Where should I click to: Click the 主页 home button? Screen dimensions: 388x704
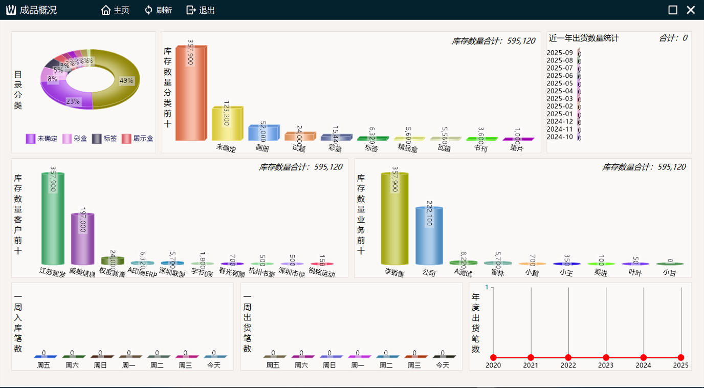pyautogui.click(x=115, y=10)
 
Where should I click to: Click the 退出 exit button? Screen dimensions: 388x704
pyautogui.click(x=201, y=10)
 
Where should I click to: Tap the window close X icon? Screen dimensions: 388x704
pyautogui.click(x=691, y=10)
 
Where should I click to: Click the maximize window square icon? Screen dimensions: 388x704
pyautogui.click(x=673, y=10)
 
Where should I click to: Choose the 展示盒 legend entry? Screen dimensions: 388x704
pyautogui.click(x=138, y=139)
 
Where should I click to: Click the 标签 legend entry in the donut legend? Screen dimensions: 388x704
pyautogui.click(x=104, y=139)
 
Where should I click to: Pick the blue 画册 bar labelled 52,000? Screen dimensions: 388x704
pyautogui.click(x=262, y=133)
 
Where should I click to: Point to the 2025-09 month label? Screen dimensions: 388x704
pyautogui.click(x=560, y=52)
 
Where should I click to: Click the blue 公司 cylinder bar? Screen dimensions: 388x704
pyautogui.click(x=429, y=236)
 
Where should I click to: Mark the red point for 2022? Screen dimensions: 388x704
pyautogui.click(x=568, y=358)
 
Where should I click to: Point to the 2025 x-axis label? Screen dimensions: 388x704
pyautogui.click(x=680, y=365)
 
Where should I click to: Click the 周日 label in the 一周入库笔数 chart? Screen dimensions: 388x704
pyautogui.click(x=100, y=365)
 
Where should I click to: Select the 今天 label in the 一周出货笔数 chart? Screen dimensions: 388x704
pyautogui.click(x=443, y=365)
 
